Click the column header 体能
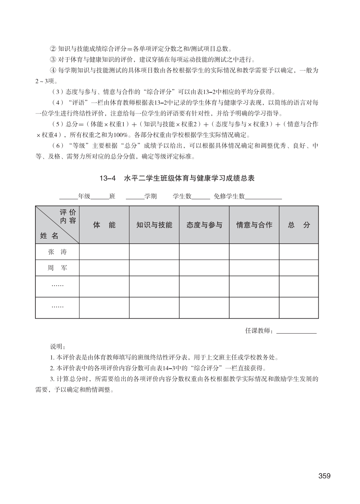pyautogui.click(x=104, y=225)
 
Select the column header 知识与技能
pyautogui.click(x=154, y=225)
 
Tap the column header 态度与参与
pyautogui.click(x=204, y=225)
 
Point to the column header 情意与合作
pyautogui.click(x=254, y=225)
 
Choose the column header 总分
pyautogui.click(x=299, y=225)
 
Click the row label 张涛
pyautogui.click(x=57, y=252)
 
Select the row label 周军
pyautogui.click(x=57, y=268)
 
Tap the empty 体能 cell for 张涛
pyautogui.click(x=104, y=252)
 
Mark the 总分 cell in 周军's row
pyautogui.click(x=299, y=268)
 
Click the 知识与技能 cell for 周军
pyautogui.click(x=154, y=268)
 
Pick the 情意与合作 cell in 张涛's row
pyautogui.click(x=254, y=252)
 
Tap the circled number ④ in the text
pyautogui.click(x=53, y=70)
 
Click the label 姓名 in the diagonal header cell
pyautogui.click(x=49, y=236)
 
